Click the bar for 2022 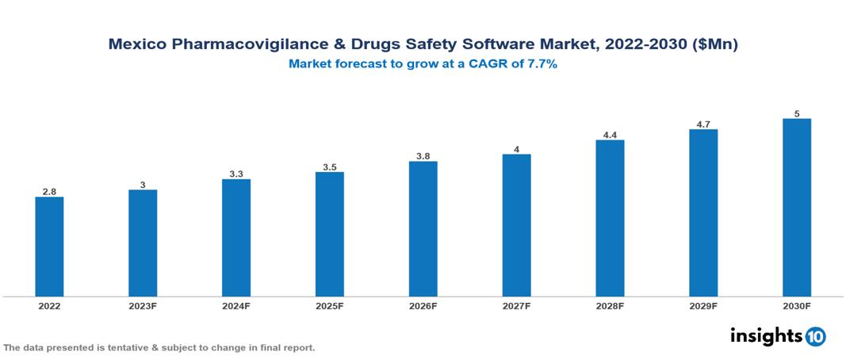[49, 247]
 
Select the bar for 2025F [329, 234]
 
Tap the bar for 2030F [796, 208]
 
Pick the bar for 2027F [516, 225]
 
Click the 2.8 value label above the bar [49, 192]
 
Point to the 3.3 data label [236, 174]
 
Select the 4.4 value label [610, 135]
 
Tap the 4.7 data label [703, 124]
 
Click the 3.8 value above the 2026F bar [423, 156]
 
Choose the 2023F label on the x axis [143, 305]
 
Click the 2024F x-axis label [236, 305]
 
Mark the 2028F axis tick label [610, 305]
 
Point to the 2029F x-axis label [703, 305]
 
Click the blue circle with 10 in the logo [815, 336]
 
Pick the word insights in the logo [766, 335]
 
